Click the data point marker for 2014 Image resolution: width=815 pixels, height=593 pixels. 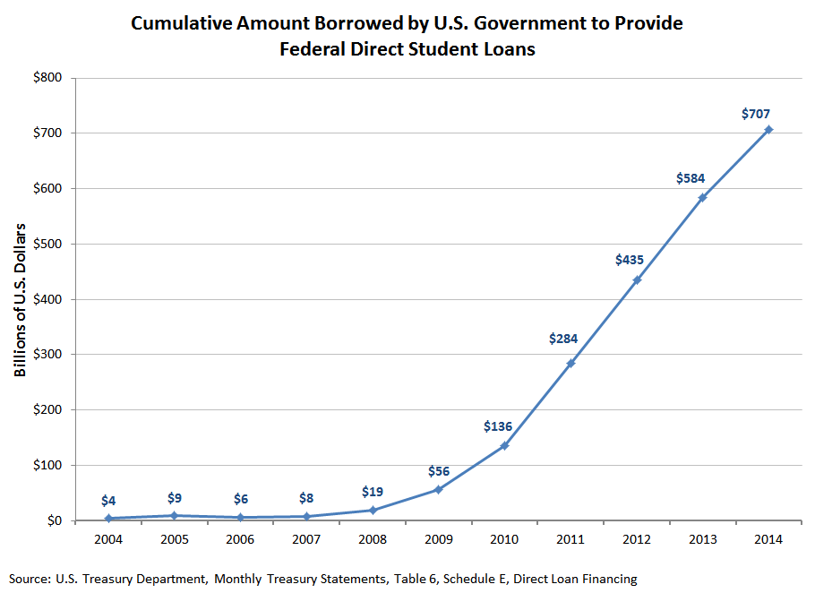tap(768, 130)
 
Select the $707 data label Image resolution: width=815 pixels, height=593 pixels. tap(756, 114)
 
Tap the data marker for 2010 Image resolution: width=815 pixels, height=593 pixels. tap(504, 445)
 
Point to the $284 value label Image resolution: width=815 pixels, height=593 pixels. tap(563, 339)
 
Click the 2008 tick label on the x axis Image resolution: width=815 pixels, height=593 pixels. tap(372, 539)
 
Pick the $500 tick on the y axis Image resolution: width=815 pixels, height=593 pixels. tap(47, 244)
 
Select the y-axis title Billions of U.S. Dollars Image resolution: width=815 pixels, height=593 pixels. tap(21, 299)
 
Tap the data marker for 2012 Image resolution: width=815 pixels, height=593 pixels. tap(637, 279)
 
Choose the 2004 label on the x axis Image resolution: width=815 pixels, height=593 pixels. tap(107, 539)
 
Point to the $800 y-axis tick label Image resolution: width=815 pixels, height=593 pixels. tap(47, 78)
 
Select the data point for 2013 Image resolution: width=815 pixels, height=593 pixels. tap(702, 197)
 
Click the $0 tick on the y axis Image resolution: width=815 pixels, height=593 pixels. tap(54, 520)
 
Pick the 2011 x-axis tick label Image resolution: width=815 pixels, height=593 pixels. tap(570, 539)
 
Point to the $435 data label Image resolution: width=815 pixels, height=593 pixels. tap(630, 260)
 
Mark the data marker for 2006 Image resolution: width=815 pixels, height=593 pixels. tap(240, 517)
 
